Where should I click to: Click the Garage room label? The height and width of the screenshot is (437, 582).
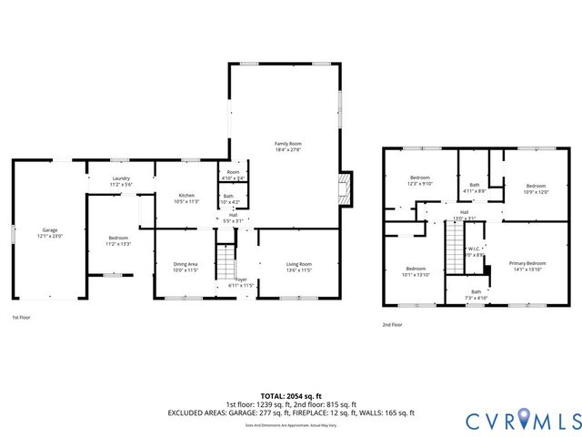[x=49, y=230]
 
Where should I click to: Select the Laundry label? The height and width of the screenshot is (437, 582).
[x=121, y=178]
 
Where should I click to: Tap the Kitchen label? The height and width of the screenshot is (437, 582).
[x=186, y=196]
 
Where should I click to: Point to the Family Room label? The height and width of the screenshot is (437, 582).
[x=288, y=144]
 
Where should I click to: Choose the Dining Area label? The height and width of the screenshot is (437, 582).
[x=186, y=264]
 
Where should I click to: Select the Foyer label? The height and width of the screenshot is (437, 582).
[x=241, y=279]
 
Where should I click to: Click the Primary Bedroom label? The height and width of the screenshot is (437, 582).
[x=527, y=263]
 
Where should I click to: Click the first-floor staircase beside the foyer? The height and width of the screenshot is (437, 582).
[x=225, y=263]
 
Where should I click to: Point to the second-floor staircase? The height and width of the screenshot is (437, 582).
[x=455, y=247]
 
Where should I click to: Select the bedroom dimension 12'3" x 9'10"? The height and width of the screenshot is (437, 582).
[x=419, y=184]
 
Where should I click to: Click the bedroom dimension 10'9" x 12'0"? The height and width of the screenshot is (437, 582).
[x=536, y=191]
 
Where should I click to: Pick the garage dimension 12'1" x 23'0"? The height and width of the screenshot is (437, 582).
[x=49, y=237]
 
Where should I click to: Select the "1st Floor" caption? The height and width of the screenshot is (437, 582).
[x=21, y=318]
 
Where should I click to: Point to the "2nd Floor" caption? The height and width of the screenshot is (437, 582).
[x=393, y=324]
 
